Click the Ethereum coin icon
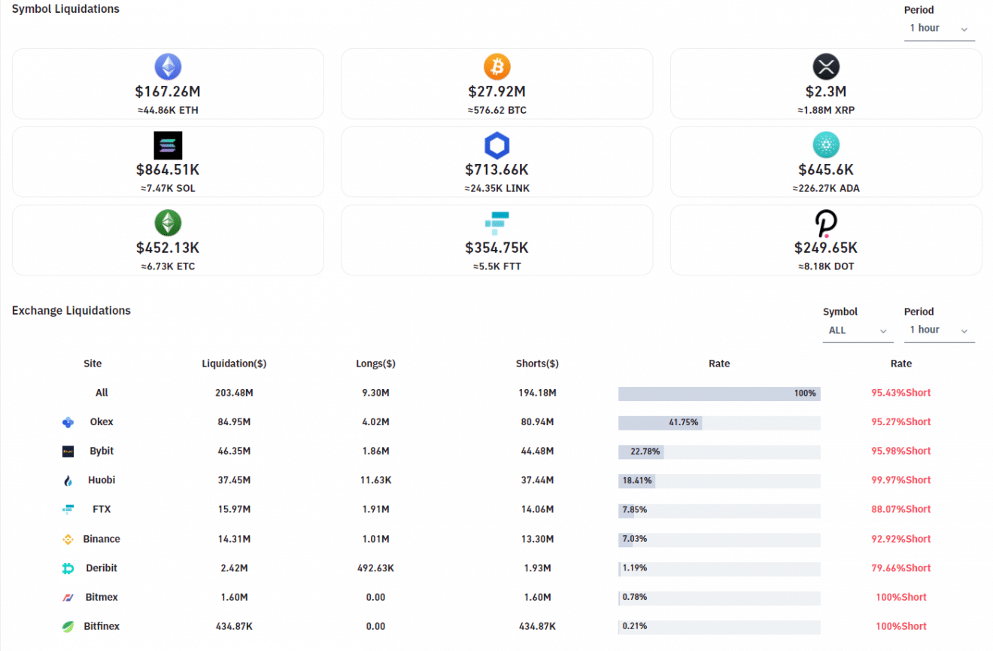[168, 67]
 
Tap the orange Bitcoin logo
[496, 67]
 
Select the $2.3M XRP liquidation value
[825, 92]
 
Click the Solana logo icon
[168, 145]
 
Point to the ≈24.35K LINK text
[496, 188]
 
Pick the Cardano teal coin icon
[826, 145]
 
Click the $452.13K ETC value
[168, 248]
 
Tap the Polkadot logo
[826, 224]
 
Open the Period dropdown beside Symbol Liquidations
[939, 29]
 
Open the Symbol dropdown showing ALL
[858, 330]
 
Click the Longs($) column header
[375, 364]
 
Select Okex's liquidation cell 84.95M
[234, 422]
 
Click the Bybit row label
[102, 451]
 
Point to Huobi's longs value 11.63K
[375, 480]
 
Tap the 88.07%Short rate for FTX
[900, 510]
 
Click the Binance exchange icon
[68, 539]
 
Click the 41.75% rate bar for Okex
[660, 422]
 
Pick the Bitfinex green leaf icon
[68, 626]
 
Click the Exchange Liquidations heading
[71, 311]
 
